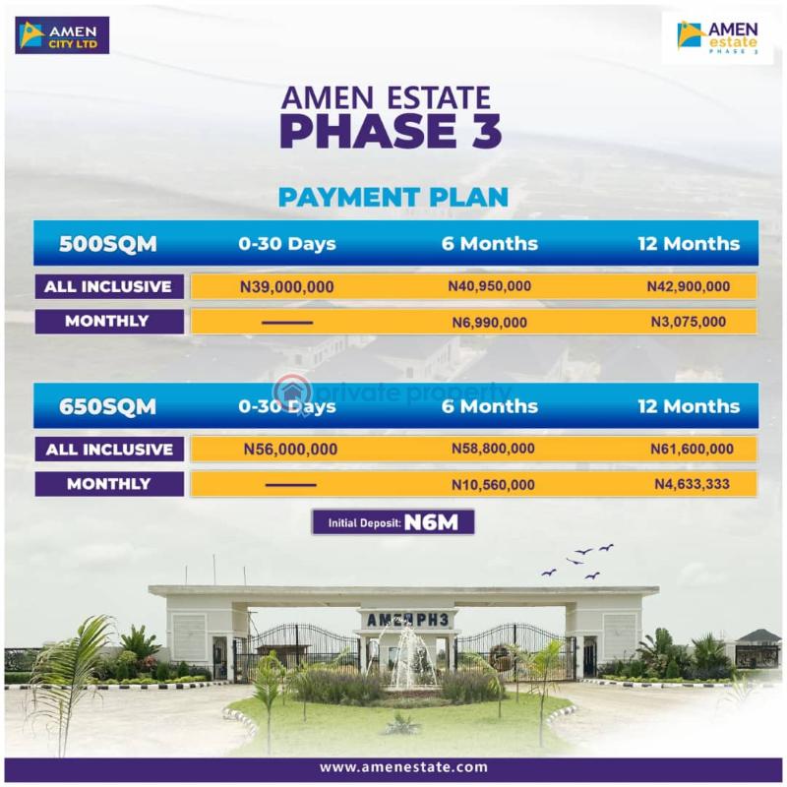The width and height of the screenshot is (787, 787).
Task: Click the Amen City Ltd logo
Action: tap(62, 35)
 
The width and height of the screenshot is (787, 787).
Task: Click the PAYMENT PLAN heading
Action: tap(393, 196)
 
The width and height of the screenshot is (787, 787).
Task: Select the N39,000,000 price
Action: tap(287, 287)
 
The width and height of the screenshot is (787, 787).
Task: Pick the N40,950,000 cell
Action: tap(489, 287)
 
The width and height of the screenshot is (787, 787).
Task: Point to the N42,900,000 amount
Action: tap(689, 287)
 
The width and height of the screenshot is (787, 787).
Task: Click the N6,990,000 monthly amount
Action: tap(489, 322)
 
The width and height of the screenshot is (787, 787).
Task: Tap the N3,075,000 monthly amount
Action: tap(689, 322)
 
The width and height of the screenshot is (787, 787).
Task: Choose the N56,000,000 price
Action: tap(290, 450)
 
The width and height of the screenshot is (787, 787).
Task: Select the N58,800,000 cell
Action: tap(493, 450)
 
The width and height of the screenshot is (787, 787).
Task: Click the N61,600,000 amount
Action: tap(692, 450)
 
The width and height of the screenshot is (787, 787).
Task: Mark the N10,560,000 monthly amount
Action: tap(493, 484)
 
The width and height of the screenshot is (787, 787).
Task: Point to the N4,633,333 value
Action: tap(692, 484)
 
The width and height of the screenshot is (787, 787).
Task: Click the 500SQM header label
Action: tap(108, 244)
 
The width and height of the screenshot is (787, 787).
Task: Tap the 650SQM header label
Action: tap(108, 406)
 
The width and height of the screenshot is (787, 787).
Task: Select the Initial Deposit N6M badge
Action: tap(393, 522)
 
